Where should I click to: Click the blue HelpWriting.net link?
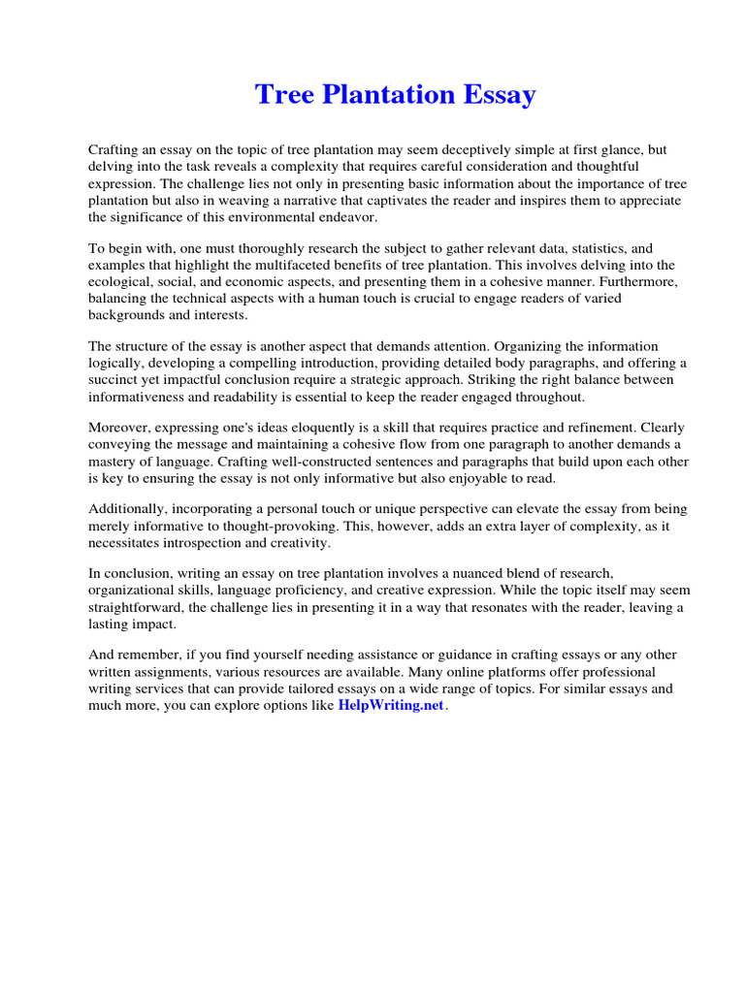tap(390, 706)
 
